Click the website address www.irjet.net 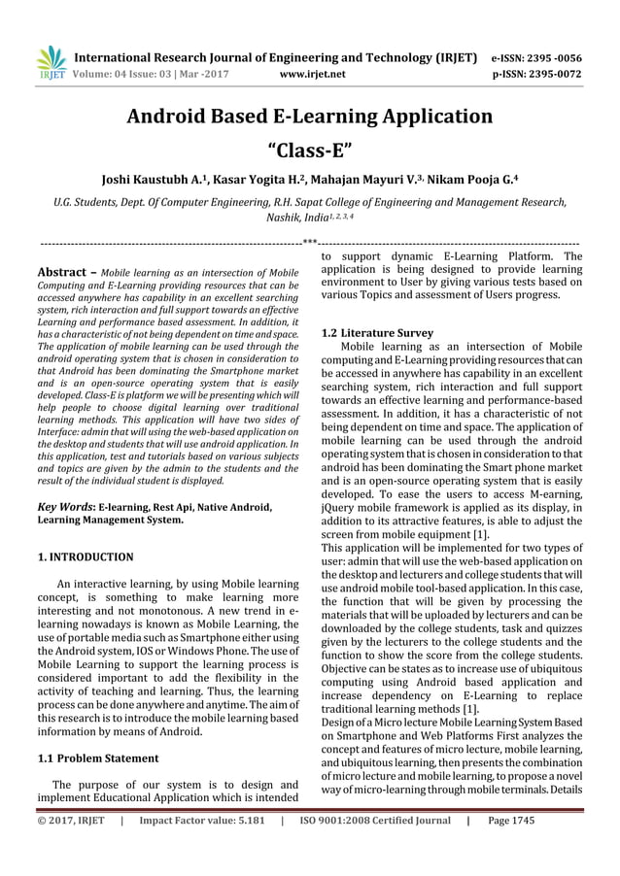[x=309, y=72]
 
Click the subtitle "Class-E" [x=309, y=151]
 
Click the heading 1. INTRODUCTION [x=85, y=557]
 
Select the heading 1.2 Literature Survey [x=377, y=333]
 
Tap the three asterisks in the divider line [x=309, y=238]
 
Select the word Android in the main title [x=172, y=118]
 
